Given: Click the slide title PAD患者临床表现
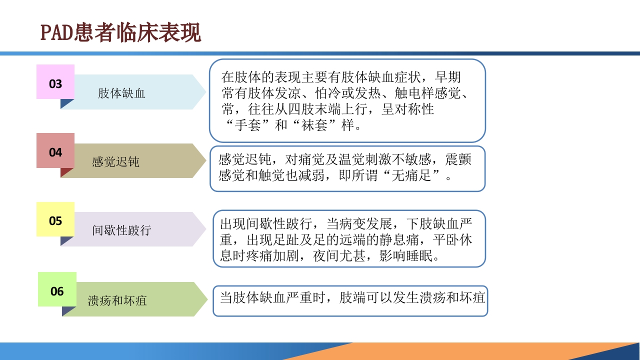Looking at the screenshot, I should [120, 33].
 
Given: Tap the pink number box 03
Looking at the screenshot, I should [55, 83].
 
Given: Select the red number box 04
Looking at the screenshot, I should [55, 151].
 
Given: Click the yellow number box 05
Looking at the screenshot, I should [55, 220].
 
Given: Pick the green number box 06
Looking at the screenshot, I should [57, 290].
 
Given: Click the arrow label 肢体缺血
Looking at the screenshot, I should [121, 93].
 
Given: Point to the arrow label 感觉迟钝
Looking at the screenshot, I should [115, 162].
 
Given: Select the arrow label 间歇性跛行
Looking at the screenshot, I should [121, 230].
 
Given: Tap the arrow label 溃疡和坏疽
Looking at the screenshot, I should [117, 300].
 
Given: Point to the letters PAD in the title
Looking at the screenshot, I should [55, 33].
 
